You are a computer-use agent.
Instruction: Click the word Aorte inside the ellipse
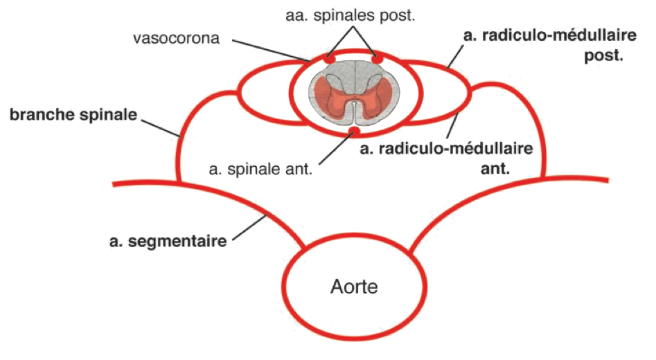pyautogui.click(x=355, y=286)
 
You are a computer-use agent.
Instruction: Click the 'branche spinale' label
pyautogui.click(x=73, y=114)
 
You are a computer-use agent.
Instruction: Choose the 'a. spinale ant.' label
pyautogui.click(x=260, y=167)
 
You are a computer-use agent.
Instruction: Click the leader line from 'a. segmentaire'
pyautogui.click(x=252, y=228)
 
